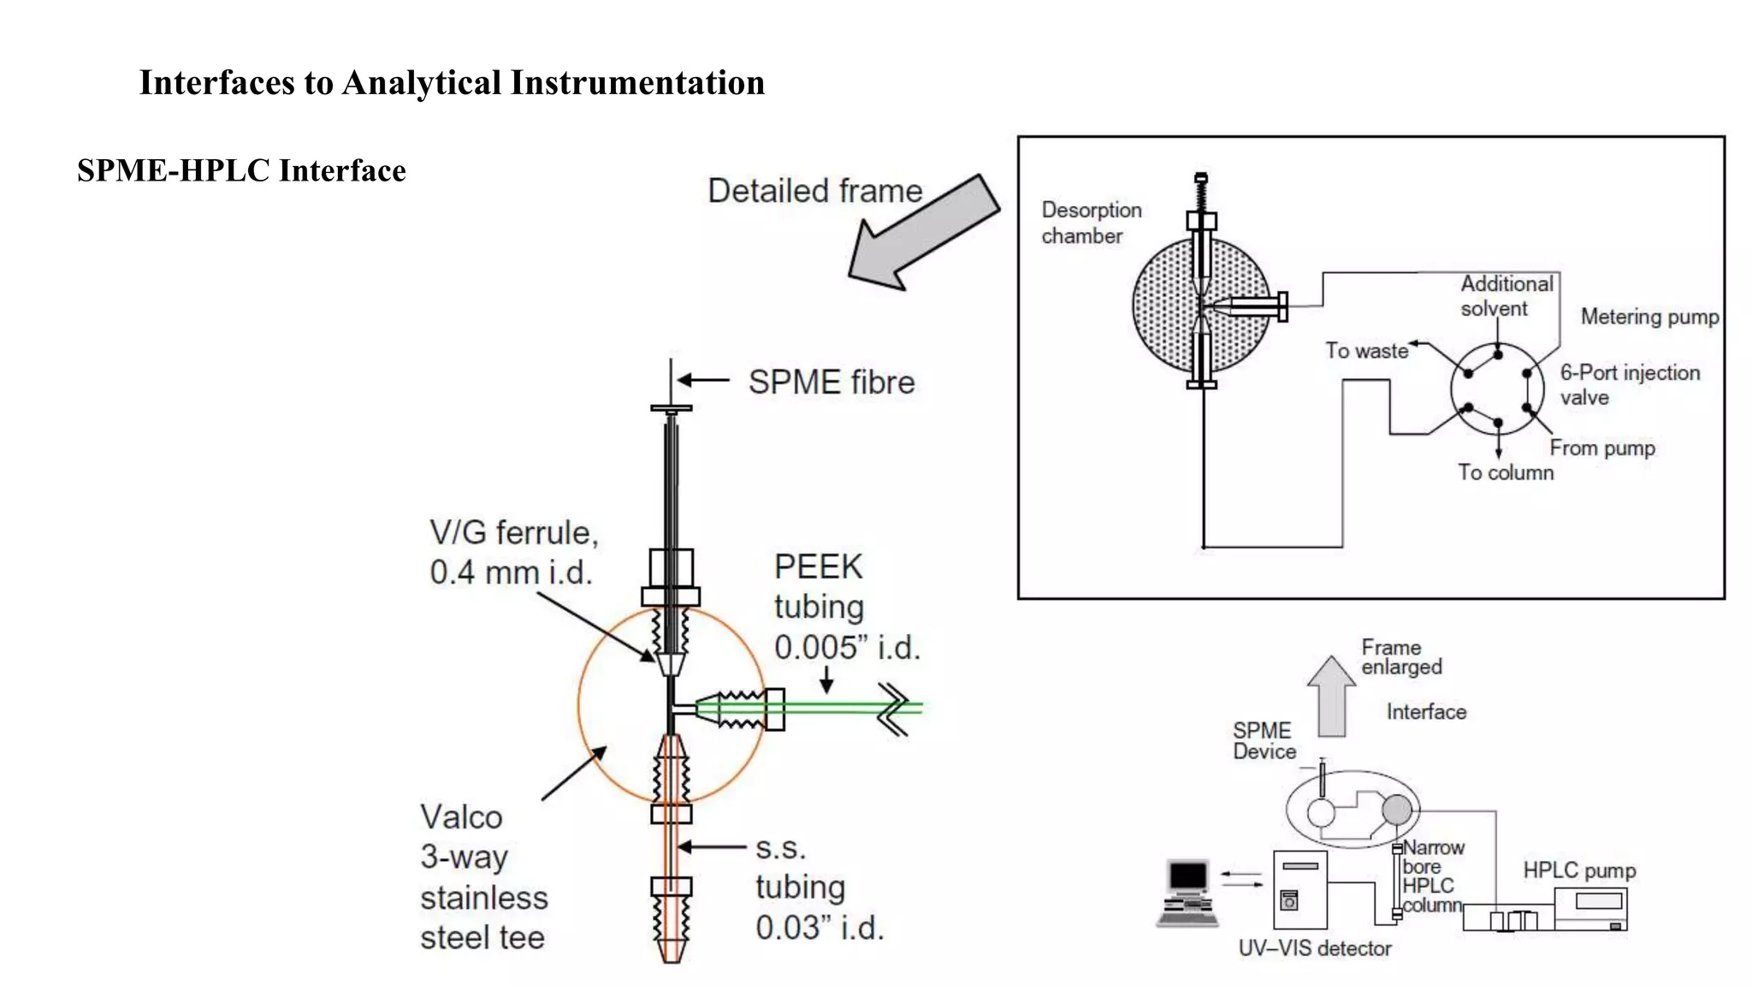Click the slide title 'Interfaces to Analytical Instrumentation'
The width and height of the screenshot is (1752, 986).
click(x=452, y=83)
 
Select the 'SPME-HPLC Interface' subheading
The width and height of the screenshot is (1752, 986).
click(x=241, y=170)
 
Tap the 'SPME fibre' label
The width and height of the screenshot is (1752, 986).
click(x=831, y=382)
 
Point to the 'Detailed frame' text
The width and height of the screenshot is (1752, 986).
click(x=814, y=191)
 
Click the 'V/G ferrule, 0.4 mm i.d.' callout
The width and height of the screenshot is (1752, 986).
click(x=513, y=552)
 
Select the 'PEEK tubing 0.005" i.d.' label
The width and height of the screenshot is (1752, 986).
click(x=845, y=607)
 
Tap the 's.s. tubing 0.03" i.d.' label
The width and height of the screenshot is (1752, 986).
click(x=818, y=888)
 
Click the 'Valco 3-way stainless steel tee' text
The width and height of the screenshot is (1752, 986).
click(x=483, y=877)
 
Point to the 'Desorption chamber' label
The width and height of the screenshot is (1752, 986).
click(x=1090, y=223)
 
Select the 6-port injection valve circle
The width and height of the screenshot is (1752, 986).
click(x=1496, y=389)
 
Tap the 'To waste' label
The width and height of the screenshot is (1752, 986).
click(x=1366, y=351)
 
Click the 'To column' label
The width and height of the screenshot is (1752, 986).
click(x=1505, y=472)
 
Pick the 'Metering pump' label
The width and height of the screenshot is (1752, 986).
click(x=1648, y=317)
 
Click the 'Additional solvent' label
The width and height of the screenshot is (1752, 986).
click(x=1505, y=296)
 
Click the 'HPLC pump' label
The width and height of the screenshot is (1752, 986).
click(x=1578, y=870)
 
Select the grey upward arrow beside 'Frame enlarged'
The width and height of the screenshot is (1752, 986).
click(x=1331, y=697)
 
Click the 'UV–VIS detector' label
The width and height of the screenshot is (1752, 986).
click(x=1314, y=948)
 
